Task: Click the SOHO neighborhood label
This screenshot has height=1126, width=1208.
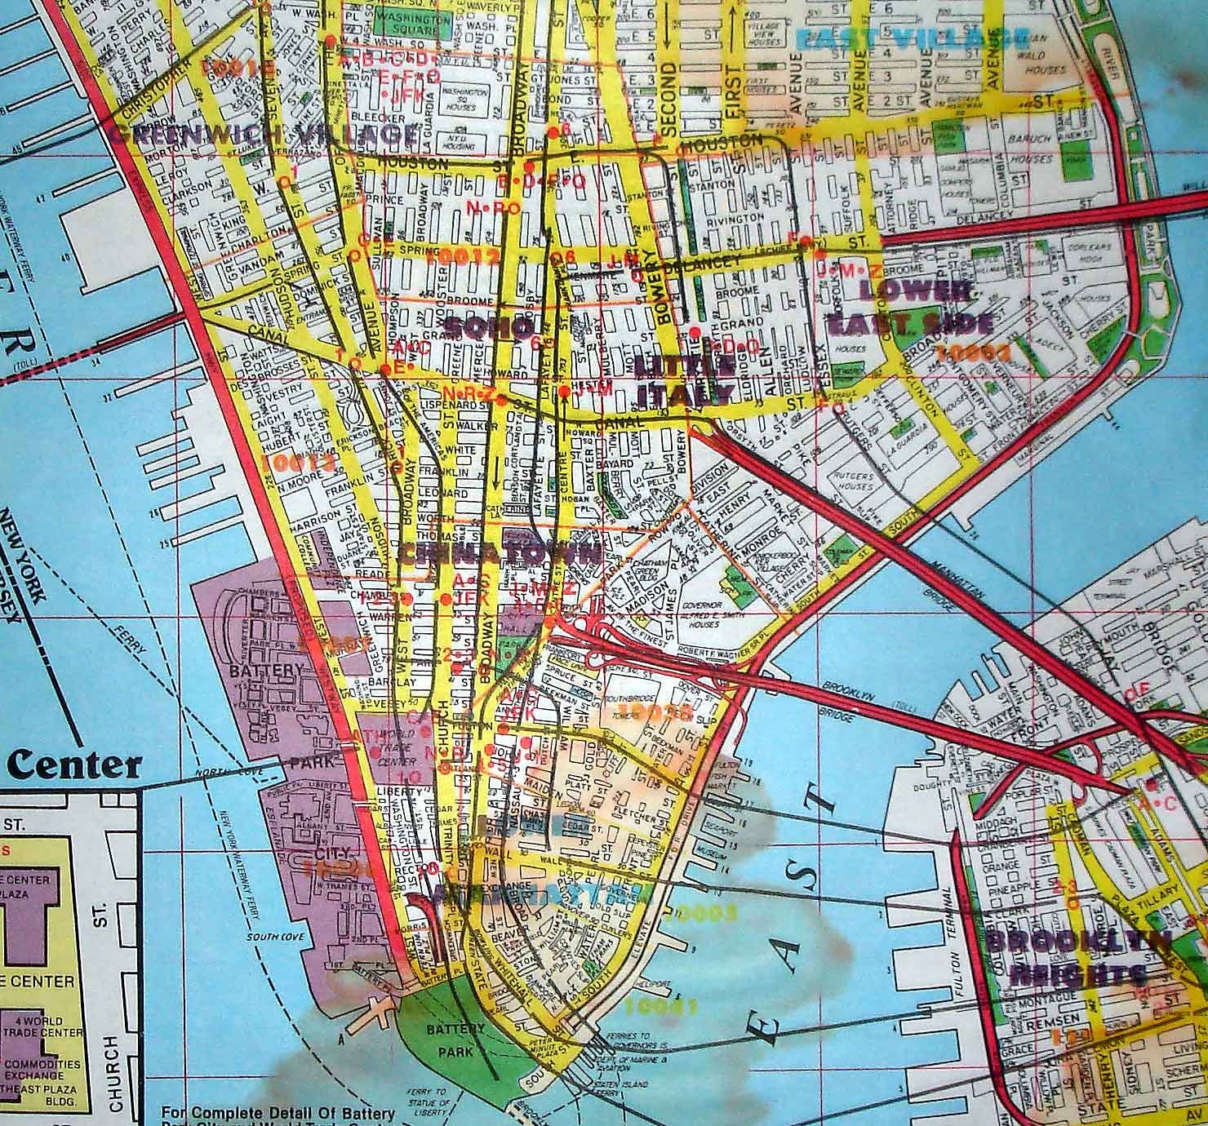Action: point(487,327)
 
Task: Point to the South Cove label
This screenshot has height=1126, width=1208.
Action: point(269,937)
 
